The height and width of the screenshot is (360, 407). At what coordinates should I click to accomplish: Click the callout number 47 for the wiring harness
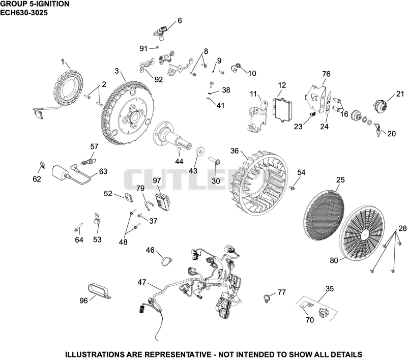tap(142, 282)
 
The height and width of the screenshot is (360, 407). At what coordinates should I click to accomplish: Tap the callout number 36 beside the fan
tap(235, 151)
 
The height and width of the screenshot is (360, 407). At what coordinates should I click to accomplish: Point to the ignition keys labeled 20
tap(377, 129)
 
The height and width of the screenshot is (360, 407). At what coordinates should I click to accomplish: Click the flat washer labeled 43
tap(200, 151)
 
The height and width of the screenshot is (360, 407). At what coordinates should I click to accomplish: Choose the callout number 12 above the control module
tap(282, 85)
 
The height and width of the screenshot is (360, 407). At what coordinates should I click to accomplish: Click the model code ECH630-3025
tap(24, 12)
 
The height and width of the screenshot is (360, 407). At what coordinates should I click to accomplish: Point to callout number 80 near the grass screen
tap(334, 260)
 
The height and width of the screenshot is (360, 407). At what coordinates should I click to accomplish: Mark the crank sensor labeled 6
tap(161, 33)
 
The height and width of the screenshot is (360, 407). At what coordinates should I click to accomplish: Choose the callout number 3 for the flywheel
tap(117, 71)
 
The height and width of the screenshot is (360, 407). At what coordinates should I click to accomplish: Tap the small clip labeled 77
tap(267, 298)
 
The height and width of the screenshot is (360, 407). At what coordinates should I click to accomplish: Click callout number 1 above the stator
tap(63, 62)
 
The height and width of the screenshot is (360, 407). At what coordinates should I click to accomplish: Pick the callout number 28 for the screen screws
tap(402, 228)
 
